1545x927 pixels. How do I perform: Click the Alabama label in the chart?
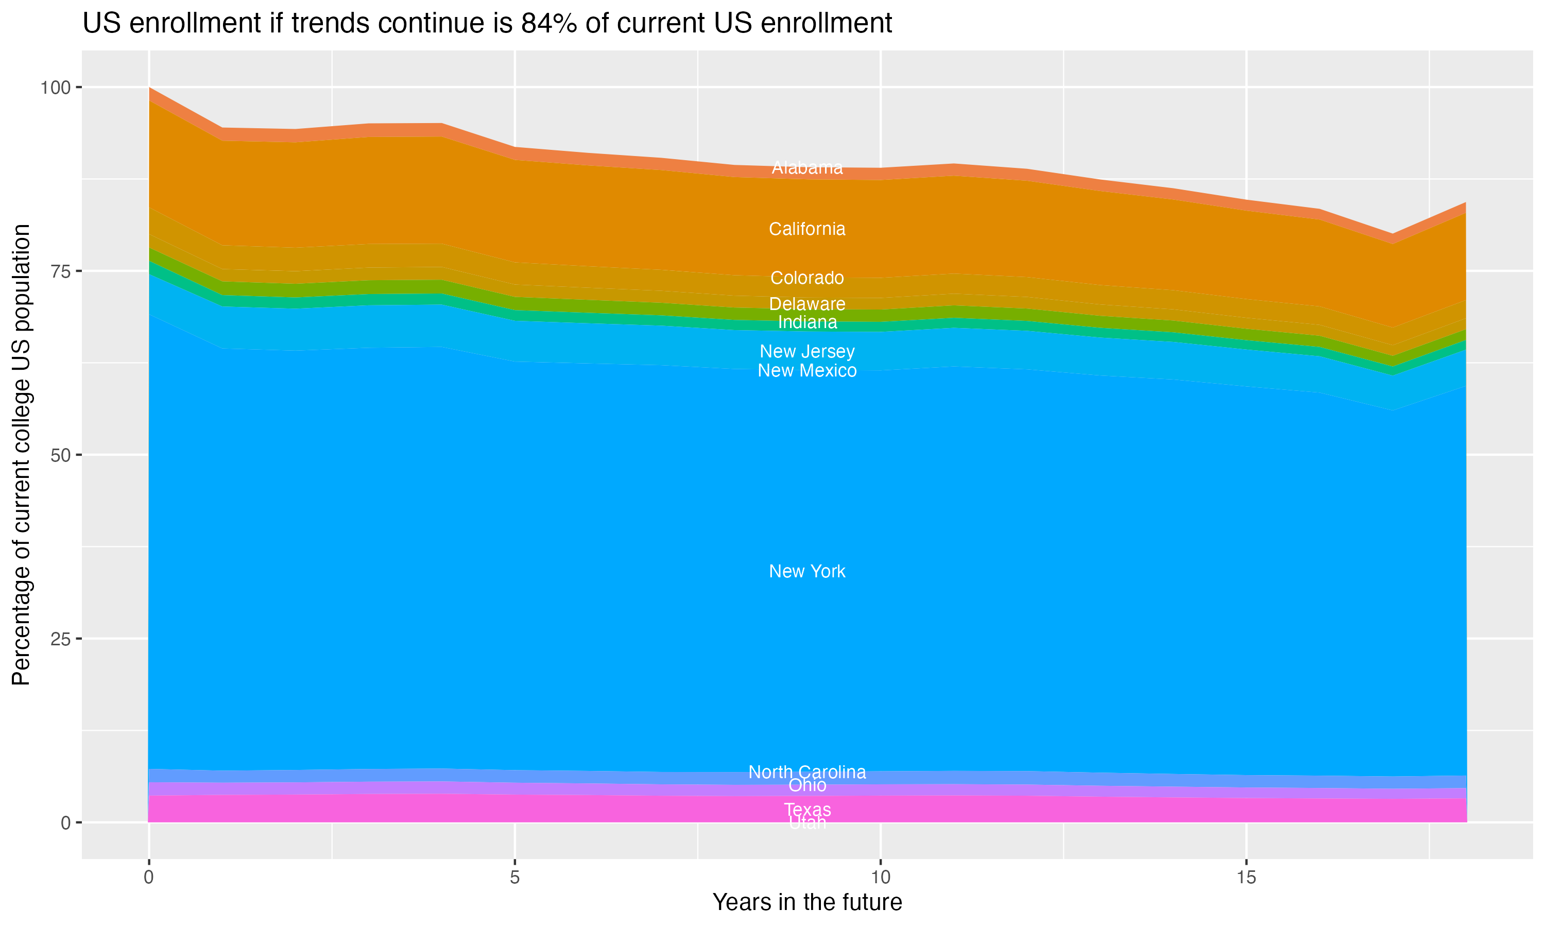click(807, 167)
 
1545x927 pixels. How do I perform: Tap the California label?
click(807, 229)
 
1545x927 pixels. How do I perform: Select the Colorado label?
click(807, 278)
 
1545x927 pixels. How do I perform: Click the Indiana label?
click(807, 322)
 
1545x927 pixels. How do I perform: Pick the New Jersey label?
click(807, 351)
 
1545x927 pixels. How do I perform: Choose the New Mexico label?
click(807, 370)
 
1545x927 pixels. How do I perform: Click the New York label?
click(807, 571)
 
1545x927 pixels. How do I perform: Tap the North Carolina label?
click(807, 772)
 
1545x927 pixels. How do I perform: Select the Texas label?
click(807, 810)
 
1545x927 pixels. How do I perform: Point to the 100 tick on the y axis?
click(55, 88)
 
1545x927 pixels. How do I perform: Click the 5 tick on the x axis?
click(514, 878)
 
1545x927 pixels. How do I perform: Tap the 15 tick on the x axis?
click(1246, 878)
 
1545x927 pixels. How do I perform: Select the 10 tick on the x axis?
click(880, 878)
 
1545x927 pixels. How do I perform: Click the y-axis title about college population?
click(21, 454)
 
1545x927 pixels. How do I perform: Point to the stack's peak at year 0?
click(149, 88)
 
